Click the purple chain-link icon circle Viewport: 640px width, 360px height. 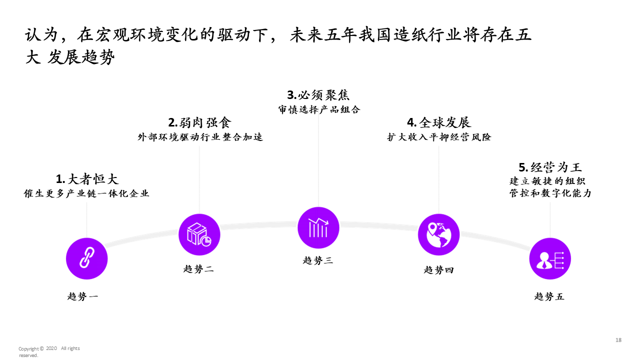[87, 258]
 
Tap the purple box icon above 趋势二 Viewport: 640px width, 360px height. [199, 234]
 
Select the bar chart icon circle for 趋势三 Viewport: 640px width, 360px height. [318, 228]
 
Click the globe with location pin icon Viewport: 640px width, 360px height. [438, 234]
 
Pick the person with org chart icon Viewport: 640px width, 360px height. [550, 259]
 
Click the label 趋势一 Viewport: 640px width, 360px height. [83, 296]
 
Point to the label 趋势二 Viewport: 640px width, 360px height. [198, 269]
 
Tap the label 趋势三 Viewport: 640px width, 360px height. [318, 260]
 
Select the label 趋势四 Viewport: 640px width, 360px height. [439, 270]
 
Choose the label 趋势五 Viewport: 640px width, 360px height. [549, 296]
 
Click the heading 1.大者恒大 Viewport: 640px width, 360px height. [87, 179]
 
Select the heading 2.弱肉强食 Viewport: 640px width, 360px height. [199, 123]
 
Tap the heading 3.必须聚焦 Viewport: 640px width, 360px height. [318, 95]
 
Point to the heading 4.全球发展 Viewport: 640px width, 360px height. [439, 123]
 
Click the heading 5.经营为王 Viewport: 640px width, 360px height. [550, 167]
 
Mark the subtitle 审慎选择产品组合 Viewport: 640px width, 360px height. [319, 109]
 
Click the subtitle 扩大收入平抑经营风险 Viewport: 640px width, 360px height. [439, 137]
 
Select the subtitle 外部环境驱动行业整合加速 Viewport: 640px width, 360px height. [200, 137]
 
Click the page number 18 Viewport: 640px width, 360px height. [618, 340]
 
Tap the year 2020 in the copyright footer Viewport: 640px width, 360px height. [52, 348]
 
